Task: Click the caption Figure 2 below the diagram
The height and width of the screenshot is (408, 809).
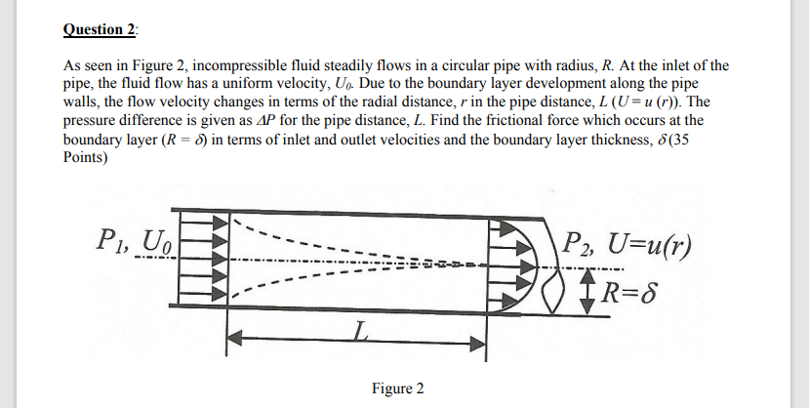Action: pos(398,388)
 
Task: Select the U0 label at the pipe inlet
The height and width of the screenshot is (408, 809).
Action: pos(159,238)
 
